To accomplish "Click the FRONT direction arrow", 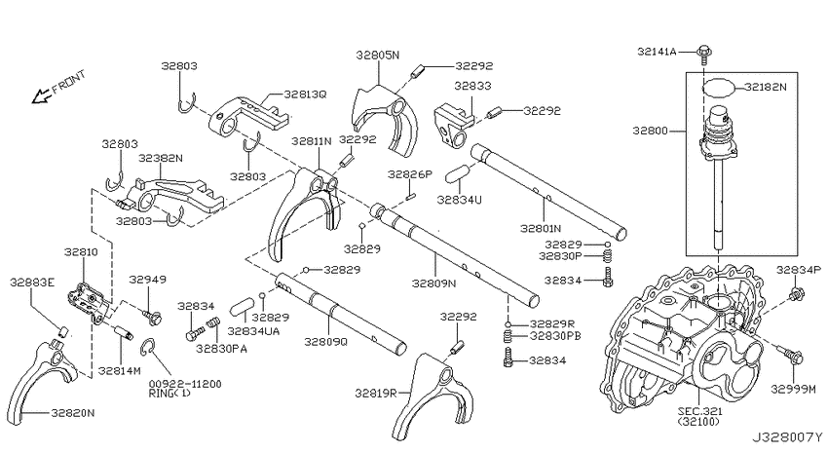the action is (41, 96).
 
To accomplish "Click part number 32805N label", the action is (377, 55).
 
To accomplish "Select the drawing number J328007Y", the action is (787, 437).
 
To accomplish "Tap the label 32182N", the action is (765, 87).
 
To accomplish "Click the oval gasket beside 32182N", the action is (718, 87).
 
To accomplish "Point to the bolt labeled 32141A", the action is (703, 55).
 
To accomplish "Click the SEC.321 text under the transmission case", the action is (699, 411).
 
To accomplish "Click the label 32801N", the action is (541, 229).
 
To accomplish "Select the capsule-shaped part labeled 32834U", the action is (456, 173).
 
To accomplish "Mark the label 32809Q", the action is (325, 342).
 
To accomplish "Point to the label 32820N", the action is (73, 413).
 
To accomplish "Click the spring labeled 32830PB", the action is (508, 335).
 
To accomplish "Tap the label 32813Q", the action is (305, 94).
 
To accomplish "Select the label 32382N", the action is (161, 158).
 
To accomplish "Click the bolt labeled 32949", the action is (152, 317).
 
